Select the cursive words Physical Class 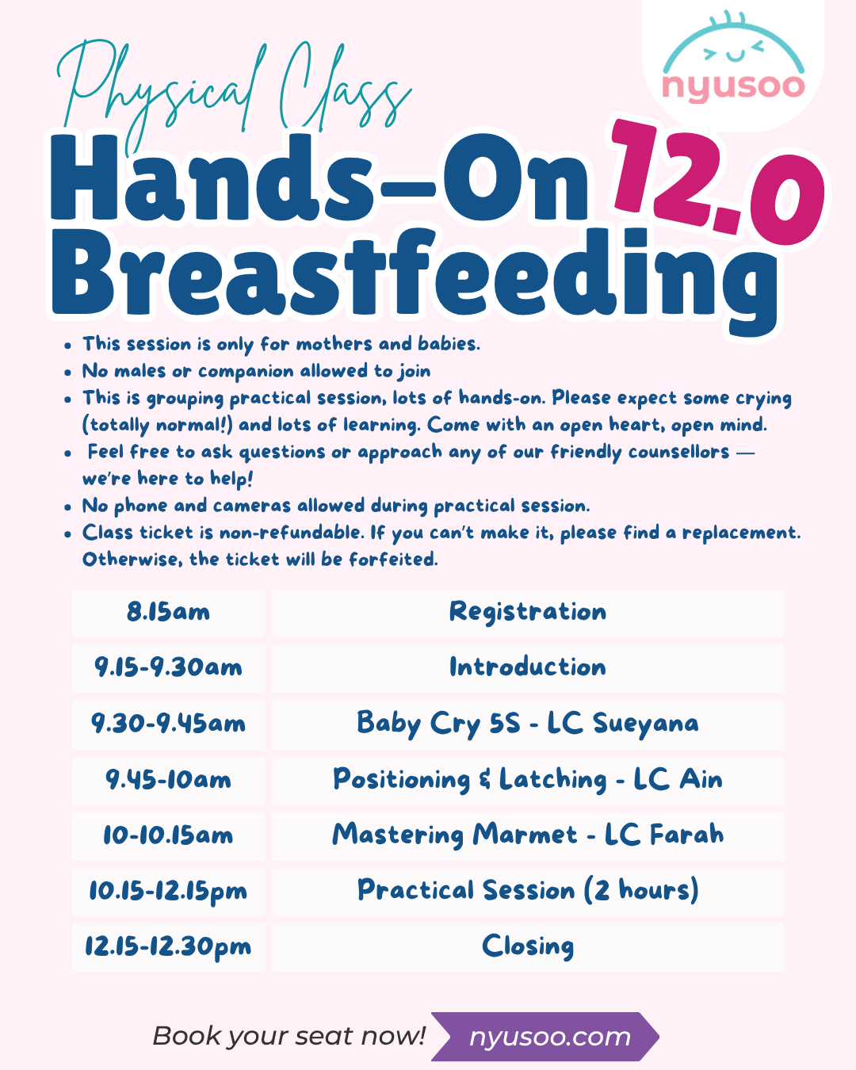(x=234, y=94)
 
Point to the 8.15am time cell (x=168, y=613)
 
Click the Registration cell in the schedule (x=527, y=613)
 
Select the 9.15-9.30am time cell (x=168, y=667)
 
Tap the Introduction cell (x=527, y=667)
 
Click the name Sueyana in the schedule (x=646, y=724)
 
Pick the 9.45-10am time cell (x=168, y=780)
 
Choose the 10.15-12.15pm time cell (x=168, y=892)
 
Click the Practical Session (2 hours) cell (x=527, y=892)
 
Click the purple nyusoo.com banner (x=545, y=1037)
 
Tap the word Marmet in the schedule (x=525, y=835)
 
